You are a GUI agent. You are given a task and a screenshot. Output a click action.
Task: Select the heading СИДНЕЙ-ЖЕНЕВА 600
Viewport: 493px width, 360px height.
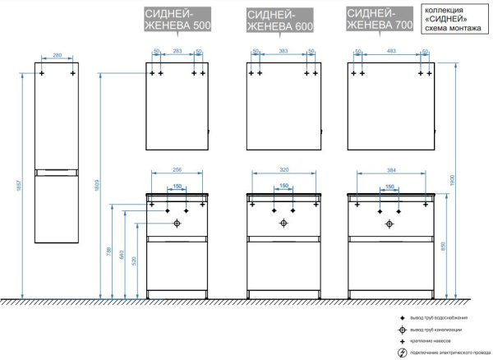[x=279, y=20]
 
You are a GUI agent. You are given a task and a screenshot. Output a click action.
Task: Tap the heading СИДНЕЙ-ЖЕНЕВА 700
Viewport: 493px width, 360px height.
[x=380, y=20]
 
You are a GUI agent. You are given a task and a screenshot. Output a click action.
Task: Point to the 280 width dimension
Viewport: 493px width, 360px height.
[x=57, y=56]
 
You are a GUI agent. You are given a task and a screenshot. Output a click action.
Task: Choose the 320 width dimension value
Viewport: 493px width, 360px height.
[x=283, y=170]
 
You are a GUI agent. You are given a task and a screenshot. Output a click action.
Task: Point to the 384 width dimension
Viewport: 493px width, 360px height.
[x=387, y=170]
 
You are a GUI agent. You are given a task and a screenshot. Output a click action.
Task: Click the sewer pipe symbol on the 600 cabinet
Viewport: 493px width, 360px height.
[x=283, y=223]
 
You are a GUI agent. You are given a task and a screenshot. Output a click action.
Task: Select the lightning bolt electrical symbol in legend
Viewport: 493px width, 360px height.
[x=402, y=353]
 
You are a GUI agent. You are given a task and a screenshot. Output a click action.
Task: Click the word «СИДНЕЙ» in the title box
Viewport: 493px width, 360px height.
[x=440, y=17]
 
